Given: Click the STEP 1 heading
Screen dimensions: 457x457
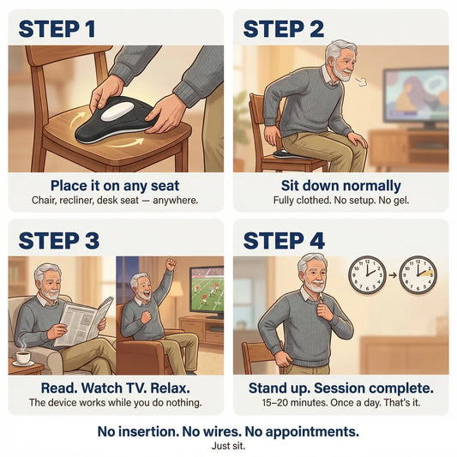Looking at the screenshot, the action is [x=57, y=29].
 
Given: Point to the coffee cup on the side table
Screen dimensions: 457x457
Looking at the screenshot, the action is [x=22, y=358].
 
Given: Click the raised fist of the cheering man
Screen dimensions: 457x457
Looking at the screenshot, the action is [x=171, y=264].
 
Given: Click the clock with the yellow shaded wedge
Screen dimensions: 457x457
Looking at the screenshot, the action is [x=418, y=275].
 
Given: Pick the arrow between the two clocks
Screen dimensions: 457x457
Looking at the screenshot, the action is [x=393, y=275].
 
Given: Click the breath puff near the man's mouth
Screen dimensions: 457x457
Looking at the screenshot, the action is [x=362, y=82].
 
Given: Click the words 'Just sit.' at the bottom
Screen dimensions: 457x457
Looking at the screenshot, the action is [x=228, y=446].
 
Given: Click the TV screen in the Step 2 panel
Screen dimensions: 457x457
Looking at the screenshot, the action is [x=416, y=94].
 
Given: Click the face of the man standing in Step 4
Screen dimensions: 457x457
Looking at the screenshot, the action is [x=314, y=274].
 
